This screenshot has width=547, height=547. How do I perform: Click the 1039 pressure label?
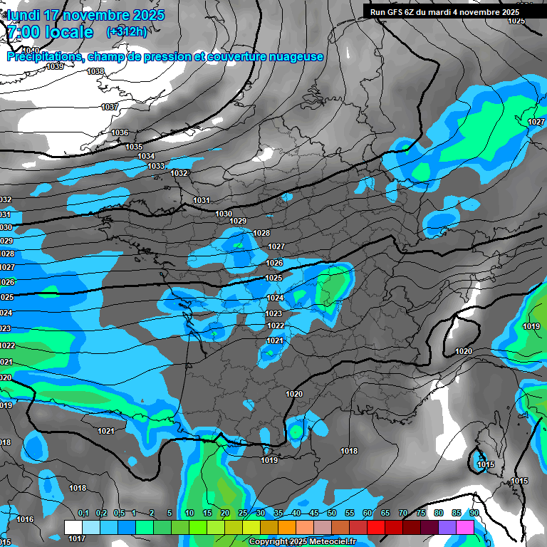tap(55, 66)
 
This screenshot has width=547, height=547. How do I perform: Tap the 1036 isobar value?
tap(120, 133)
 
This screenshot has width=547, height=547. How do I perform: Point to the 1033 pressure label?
tap(156, 166)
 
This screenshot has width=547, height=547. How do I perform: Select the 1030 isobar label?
tap(224, 214)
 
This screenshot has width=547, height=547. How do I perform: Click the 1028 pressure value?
tap(261, 234)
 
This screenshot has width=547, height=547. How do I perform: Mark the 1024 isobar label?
tap(274, 298)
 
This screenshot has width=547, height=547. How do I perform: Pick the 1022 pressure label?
tap(276, 325)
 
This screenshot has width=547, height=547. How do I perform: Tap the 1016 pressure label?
tap(25, 519)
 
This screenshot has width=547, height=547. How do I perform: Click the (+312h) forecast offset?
tap(127, 31)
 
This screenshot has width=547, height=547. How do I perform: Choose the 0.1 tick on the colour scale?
tap(83, 514)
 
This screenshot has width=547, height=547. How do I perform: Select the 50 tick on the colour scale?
tap(332, 514)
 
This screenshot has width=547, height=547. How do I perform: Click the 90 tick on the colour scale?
tap(474, 514)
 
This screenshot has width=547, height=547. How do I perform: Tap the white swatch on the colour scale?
tap(73, 527)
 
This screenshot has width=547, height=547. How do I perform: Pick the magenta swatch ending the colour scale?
tap(465, 527)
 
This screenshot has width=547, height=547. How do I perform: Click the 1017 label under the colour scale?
tap(76, 539)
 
